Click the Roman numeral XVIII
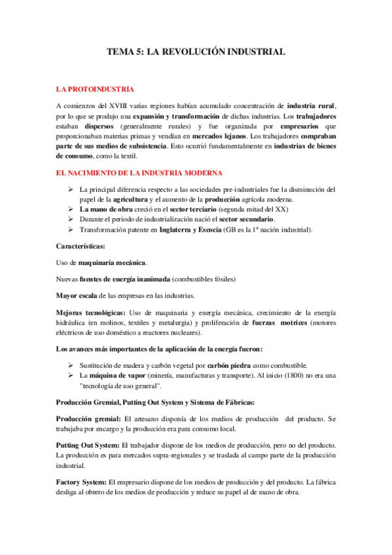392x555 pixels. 120,105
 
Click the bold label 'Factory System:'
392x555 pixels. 82,482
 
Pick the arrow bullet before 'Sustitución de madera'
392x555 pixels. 72,365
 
